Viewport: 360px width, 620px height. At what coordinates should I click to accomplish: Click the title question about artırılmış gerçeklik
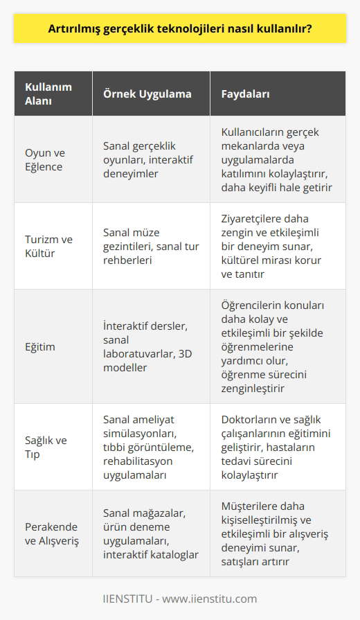pyautogui.click(x=179, y=30)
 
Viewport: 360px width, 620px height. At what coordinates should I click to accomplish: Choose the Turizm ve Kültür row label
pyautogui.click(x=48, y=246)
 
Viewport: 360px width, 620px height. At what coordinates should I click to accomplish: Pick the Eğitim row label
pyautogui.click(x=40, y=346)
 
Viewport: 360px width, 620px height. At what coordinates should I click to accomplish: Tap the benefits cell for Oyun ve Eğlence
pyautogui.click(x=278, y=159)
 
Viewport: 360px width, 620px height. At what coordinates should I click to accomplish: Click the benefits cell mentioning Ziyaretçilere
pyautogui.click(x=277, y=246)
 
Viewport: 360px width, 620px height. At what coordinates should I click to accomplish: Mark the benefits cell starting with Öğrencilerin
pyautogui.click(x=278, y=346)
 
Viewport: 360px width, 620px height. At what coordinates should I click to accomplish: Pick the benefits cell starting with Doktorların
pyautogui.click(x=278, y=447)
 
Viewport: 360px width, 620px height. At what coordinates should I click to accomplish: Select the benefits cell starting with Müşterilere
pyautogui.click(x=278, y=533)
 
